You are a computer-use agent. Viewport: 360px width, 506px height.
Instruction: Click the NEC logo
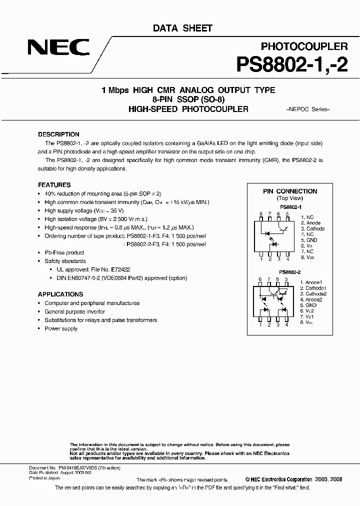click(58, 48)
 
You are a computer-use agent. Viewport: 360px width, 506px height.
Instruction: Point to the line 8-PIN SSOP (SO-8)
click(188, 99)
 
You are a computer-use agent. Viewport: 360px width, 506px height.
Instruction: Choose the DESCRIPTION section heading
click(58, 134)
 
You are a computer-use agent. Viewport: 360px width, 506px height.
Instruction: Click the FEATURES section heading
click(54, 184)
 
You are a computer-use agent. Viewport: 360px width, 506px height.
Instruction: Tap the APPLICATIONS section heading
click(60, 294)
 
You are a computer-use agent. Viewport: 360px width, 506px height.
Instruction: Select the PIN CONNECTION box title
click(290, 191)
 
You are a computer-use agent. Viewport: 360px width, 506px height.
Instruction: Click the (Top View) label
click(290, 198)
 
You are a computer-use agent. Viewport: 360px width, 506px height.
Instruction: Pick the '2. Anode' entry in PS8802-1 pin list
click(311, 223)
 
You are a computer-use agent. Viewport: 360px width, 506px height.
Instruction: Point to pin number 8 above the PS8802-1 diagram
click(260, 214)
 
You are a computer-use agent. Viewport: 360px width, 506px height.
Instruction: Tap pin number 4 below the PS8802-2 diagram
click(287, 324)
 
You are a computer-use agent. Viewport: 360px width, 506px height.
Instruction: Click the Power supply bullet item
click(61, 328)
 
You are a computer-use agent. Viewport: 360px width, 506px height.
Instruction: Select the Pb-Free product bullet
click(64, 252)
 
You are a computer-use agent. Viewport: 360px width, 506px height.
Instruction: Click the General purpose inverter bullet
click(74, 311)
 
